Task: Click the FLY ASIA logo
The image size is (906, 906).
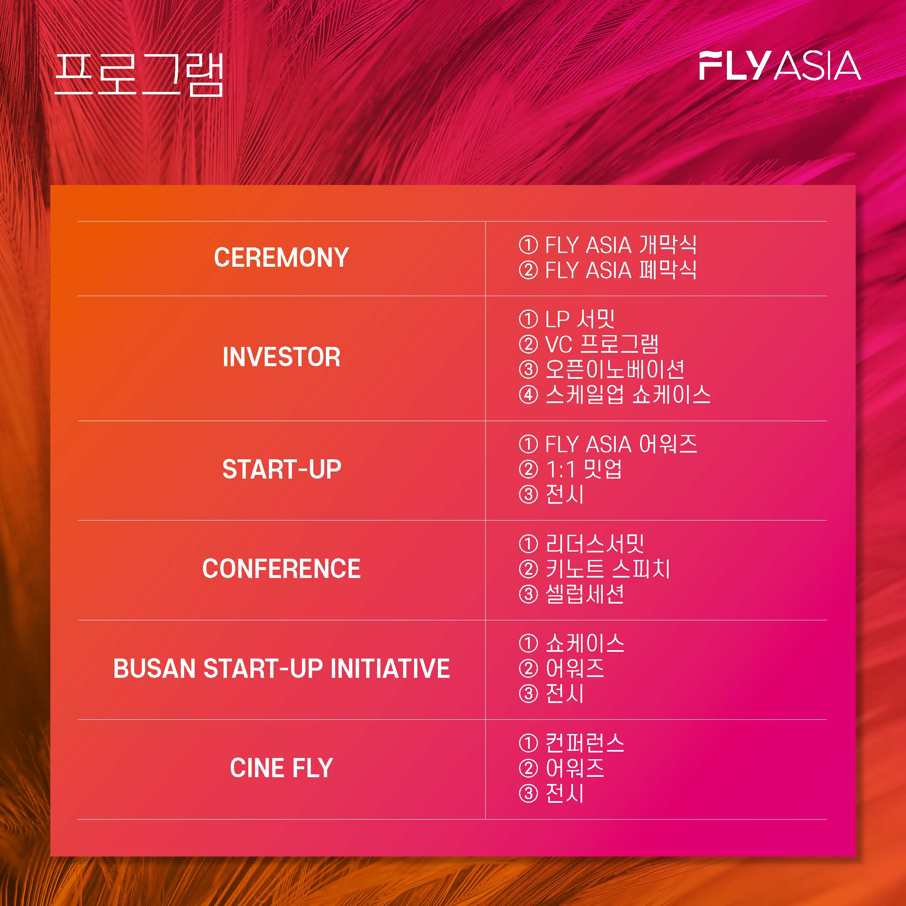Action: click(x=780, y=66)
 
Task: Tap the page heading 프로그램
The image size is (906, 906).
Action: click(x=139, y=75)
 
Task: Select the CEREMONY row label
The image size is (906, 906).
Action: click(x=281, y=258)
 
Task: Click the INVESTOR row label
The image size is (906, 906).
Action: click(x=281, y=357)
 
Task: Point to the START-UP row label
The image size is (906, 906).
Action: click(x=281, y=469)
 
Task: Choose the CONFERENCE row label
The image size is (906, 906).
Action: click(x=281, y=569)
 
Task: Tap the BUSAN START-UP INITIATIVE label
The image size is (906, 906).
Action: click(x=281, y=668)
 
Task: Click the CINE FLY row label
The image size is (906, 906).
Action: click(x=281, y=768)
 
